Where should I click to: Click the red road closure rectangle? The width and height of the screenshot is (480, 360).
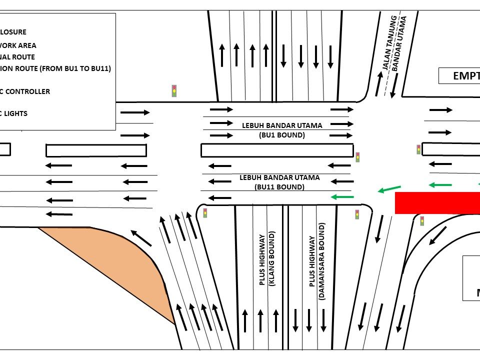tap(437, 202)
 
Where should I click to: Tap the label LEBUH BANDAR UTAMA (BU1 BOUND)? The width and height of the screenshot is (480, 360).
tap(282, 129)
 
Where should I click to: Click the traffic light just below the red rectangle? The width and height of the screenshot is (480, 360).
tap(422, 220)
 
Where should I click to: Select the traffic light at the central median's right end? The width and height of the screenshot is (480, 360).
tap(357, 157)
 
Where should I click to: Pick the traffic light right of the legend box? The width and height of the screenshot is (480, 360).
tap(174, 90)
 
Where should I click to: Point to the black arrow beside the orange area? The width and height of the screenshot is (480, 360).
tap(141, 238)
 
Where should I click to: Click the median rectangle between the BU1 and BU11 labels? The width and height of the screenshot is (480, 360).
tap(276, 150)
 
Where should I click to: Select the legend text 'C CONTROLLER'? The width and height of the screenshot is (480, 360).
tap(25, 91)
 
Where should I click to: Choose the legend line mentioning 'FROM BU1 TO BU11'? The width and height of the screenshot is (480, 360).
tap(55, 68)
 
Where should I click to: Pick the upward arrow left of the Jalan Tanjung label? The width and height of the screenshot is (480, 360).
tap(379, 83)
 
